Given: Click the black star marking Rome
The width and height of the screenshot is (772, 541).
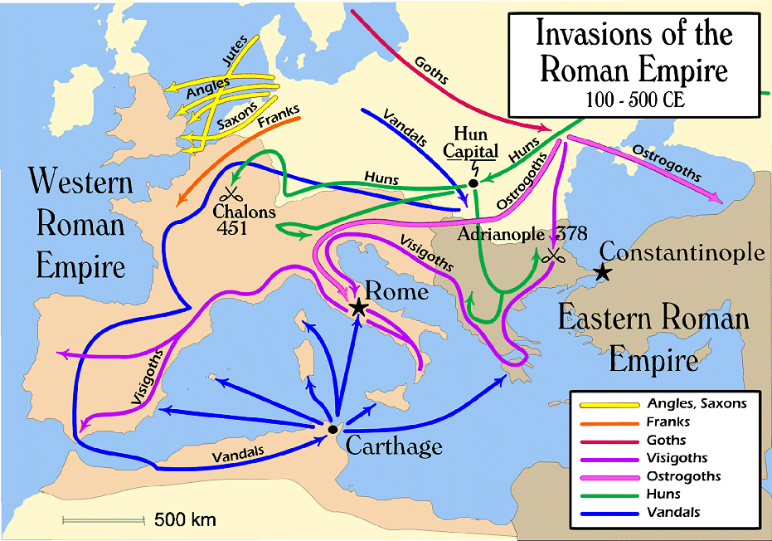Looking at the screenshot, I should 358,308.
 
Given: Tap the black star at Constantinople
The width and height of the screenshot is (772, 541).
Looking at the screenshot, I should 603,271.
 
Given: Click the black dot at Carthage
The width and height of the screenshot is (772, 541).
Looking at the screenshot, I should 332,429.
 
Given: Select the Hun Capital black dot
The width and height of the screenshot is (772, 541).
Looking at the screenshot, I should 473,183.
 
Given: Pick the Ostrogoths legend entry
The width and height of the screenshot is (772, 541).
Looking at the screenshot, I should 683,476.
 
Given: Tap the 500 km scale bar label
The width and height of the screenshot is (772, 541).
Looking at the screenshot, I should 185,520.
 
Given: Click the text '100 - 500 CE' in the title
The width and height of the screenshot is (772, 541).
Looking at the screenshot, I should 634,101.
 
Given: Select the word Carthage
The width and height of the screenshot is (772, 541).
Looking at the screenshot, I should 393,446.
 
